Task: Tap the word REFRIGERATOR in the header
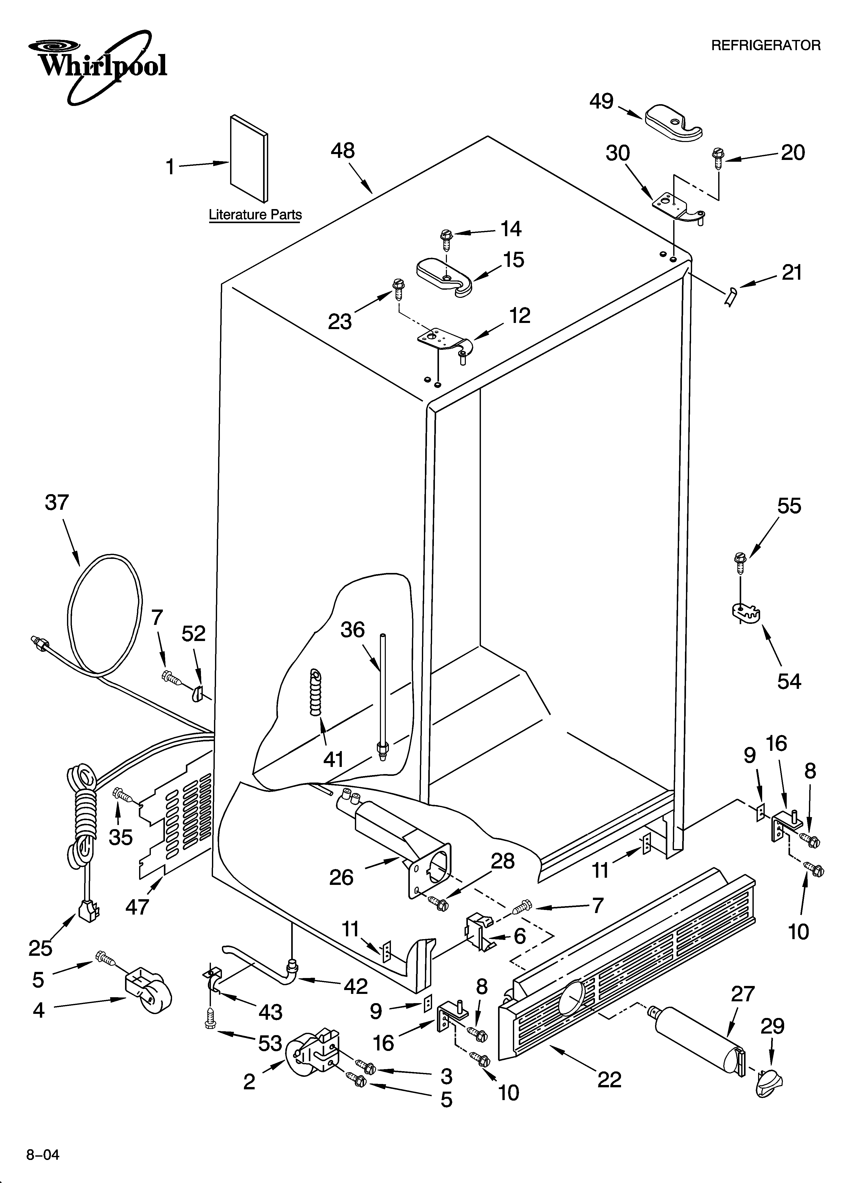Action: pos(765,46)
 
